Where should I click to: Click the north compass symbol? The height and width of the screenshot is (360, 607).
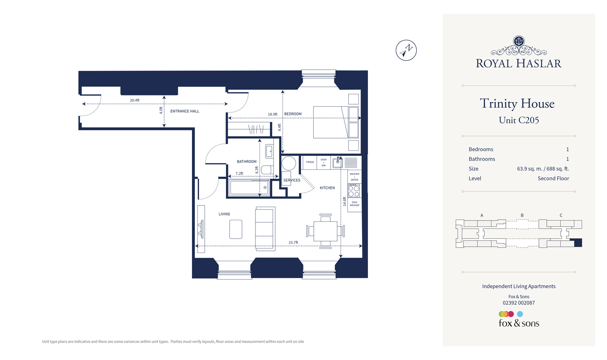pyautogui.click(x=406, y=50)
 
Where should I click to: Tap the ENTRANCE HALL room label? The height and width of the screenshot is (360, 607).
pyautogui.click(x=185, y=111)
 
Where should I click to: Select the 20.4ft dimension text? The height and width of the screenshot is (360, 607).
pyautogui.click(x=135, y=100)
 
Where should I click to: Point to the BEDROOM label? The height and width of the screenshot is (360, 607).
pyautogui.click(x=293, y=114)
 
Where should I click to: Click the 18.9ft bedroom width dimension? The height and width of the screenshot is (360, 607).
pyautogui.click(x=272, y=114)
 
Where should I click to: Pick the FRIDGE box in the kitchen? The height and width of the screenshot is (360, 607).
pyautogui.click(x=310, y=162)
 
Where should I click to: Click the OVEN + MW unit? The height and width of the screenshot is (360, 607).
pyautogui.click(x=324, y=162)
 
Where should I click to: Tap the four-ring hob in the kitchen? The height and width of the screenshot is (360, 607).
pyautogui.click(x=354, y=191)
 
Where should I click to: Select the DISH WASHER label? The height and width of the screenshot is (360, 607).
pyautogui.click(x=354, y=204)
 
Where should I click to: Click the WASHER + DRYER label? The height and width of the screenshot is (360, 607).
pyautogui.click(x=354, y=177)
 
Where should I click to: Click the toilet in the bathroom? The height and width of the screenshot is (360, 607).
pyautogui.click(x=267, y=170)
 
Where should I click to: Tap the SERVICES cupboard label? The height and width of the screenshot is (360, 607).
pyautogui.click(x=292, y=180)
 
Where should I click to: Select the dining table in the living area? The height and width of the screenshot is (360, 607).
pyautogui.click(x=325, y=231)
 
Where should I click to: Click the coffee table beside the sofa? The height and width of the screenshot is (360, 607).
pyautogui.click(x=235, y=229)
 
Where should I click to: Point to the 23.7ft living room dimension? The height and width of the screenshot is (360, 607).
pyautogui.click(x=293, y=243)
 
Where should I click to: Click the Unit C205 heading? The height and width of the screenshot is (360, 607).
pyautogui.click(x=518, y=120)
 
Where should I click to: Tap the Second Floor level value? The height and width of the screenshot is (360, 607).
pyautogui.click(x=553, y=178)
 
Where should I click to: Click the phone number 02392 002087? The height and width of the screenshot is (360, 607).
pyautogui.click(x=518, y=303)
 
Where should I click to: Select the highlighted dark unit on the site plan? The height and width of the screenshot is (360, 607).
pyautogui.click(x=578, y=243)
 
